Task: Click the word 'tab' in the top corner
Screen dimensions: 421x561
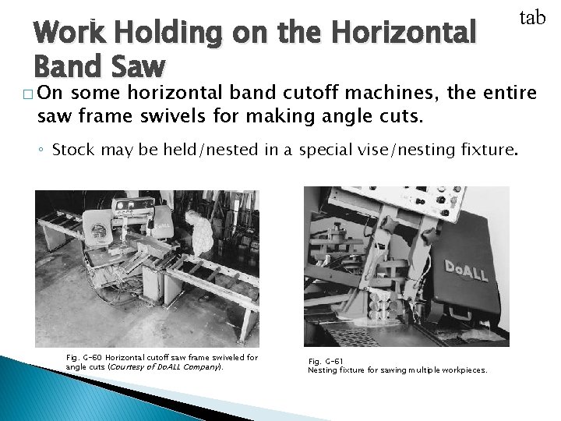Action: (x=532, y=17)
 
